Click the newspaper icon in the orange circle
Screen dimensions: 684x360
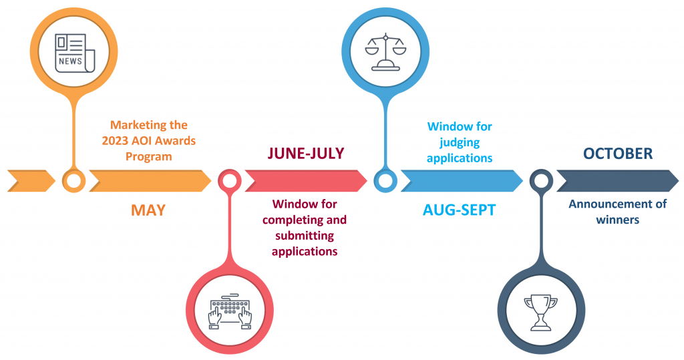point(75,53)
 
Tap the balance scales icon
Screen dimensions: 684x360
point(385,52)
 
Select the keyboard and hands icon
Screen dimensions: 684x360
point(230,311)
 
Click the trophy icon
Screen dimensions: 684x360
point(541,313)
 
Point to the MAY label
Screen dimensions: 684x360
point(148,210)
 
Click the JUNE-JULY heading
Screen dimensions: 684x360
point(306,154)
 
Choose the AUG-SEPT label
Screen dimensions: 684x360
point(460,210)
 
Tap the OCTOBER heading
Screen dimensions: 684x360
point(618,154)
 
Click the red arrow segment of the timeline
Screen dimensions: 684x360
point(306,180)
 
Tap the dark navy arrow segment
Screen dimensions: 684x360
point(618,180)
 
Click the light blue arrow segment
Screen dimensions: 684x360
point(462,180)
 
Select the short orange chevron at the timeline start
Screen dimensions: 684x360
point(31,180)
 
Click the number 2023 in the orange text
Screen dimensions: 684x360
point(115,141)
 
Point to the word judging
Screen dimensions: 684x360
point(460,143)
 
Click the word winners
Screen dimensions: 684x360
point(618,220)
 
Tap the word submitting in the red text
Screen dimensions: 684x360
point(305,236)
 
